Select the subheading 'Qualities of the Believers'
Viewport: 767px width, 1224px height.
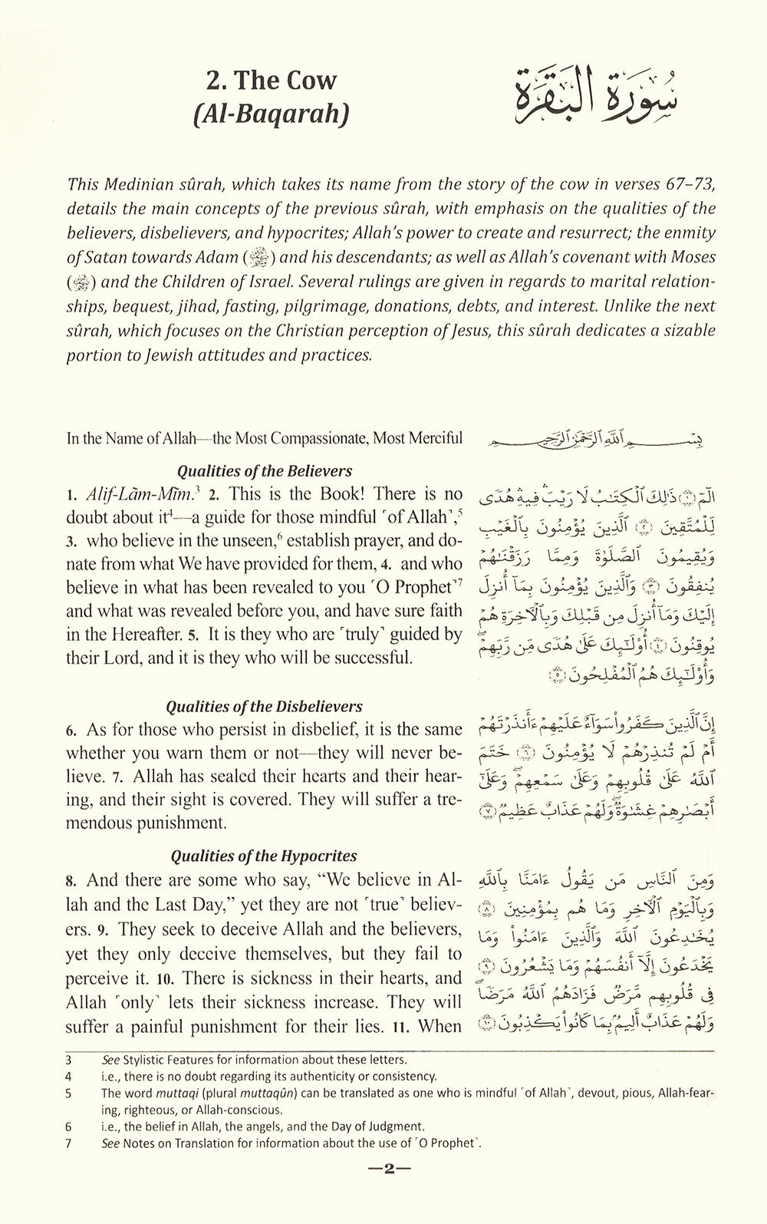pos(265,471)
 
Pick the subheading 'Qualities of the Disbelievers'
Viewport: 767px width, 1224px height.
pos(265,706)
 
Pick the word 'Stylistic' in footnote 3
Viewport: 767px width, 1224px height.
pos(145,1060)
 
